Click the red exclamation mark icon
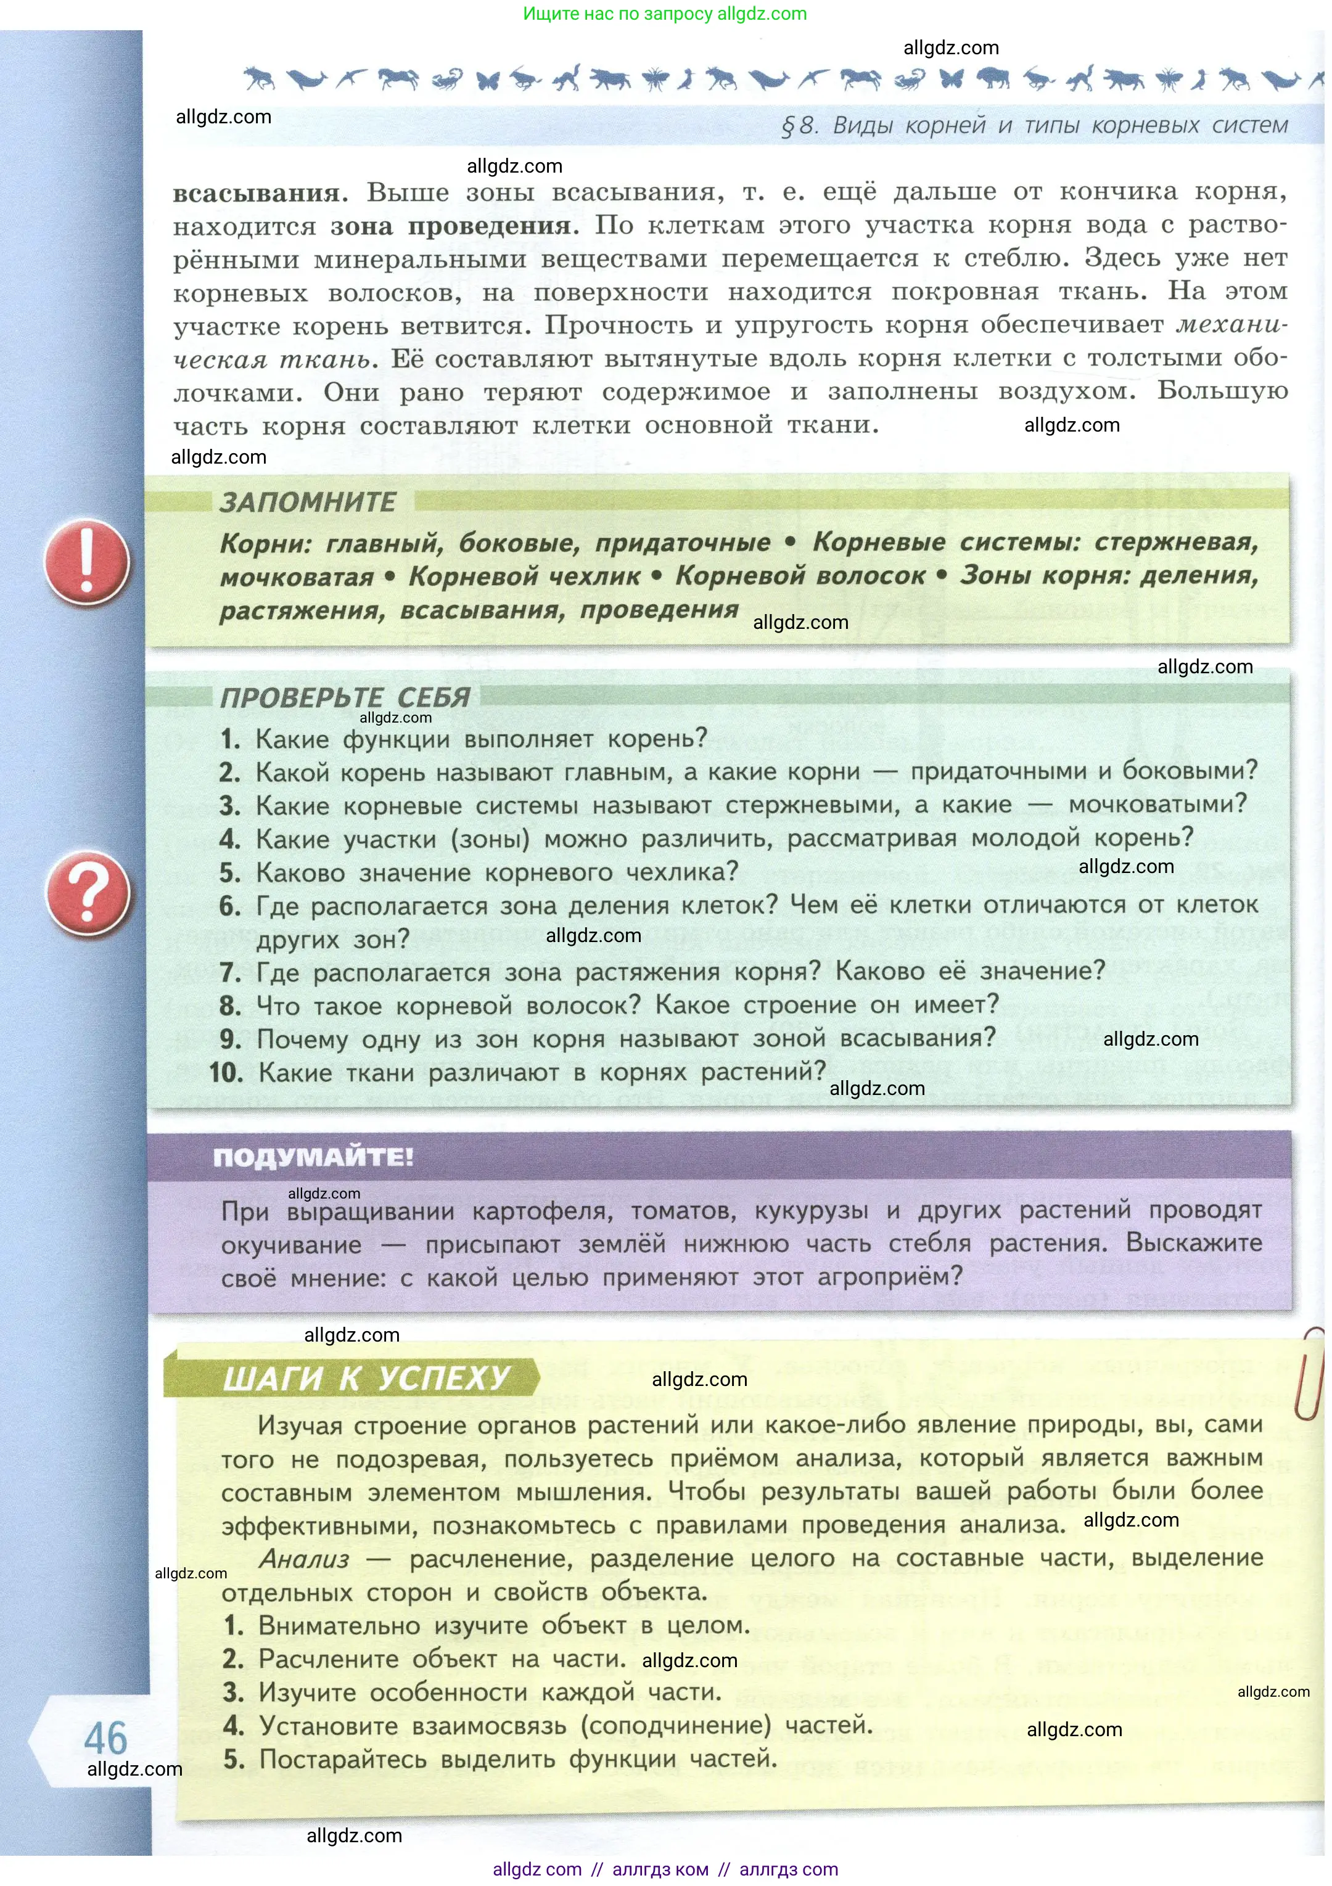[x=86, y=561]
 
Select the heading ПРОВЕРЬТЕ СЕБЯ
[x=345, y=697]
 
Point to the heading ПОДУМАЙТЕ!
[x=313, y=1157]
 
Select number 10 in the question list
[x=225, y=1073]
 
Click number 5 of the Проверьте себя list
[x=230, y=872]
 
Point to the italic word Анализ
[x=304, y=1558]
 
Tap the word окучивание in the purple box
[x=291, y=1244]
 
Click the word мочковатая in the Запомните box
[x=297, y=578]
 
